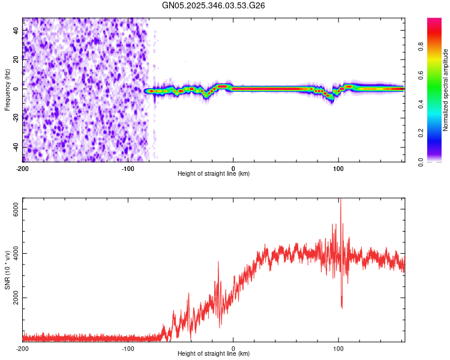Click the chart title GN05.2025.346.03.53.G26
[214, 5]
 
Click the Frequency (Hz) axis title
[7, 89]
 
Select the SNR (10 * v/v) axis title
[7, 270]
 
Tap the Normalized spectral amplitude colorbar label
[445, 89]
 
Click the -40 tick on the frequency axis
[16, 147]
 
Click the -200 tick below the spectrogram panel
[23, 168]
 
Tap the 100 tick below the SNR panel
[339, 348]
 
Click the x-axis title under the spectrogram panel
[214, 174]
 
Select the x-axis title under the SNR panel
[214, 354]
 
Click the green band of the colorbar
[434, 99]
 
